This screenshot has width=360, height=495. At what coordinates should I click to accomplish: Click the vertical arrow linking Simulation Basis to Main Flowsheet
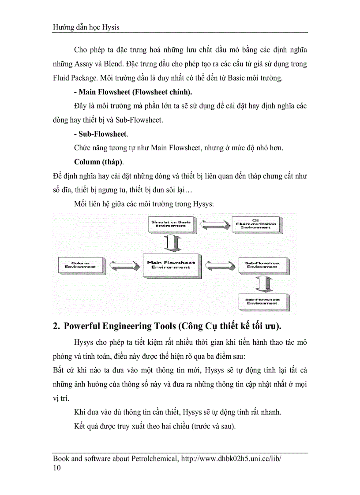(x=171, y=243)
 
